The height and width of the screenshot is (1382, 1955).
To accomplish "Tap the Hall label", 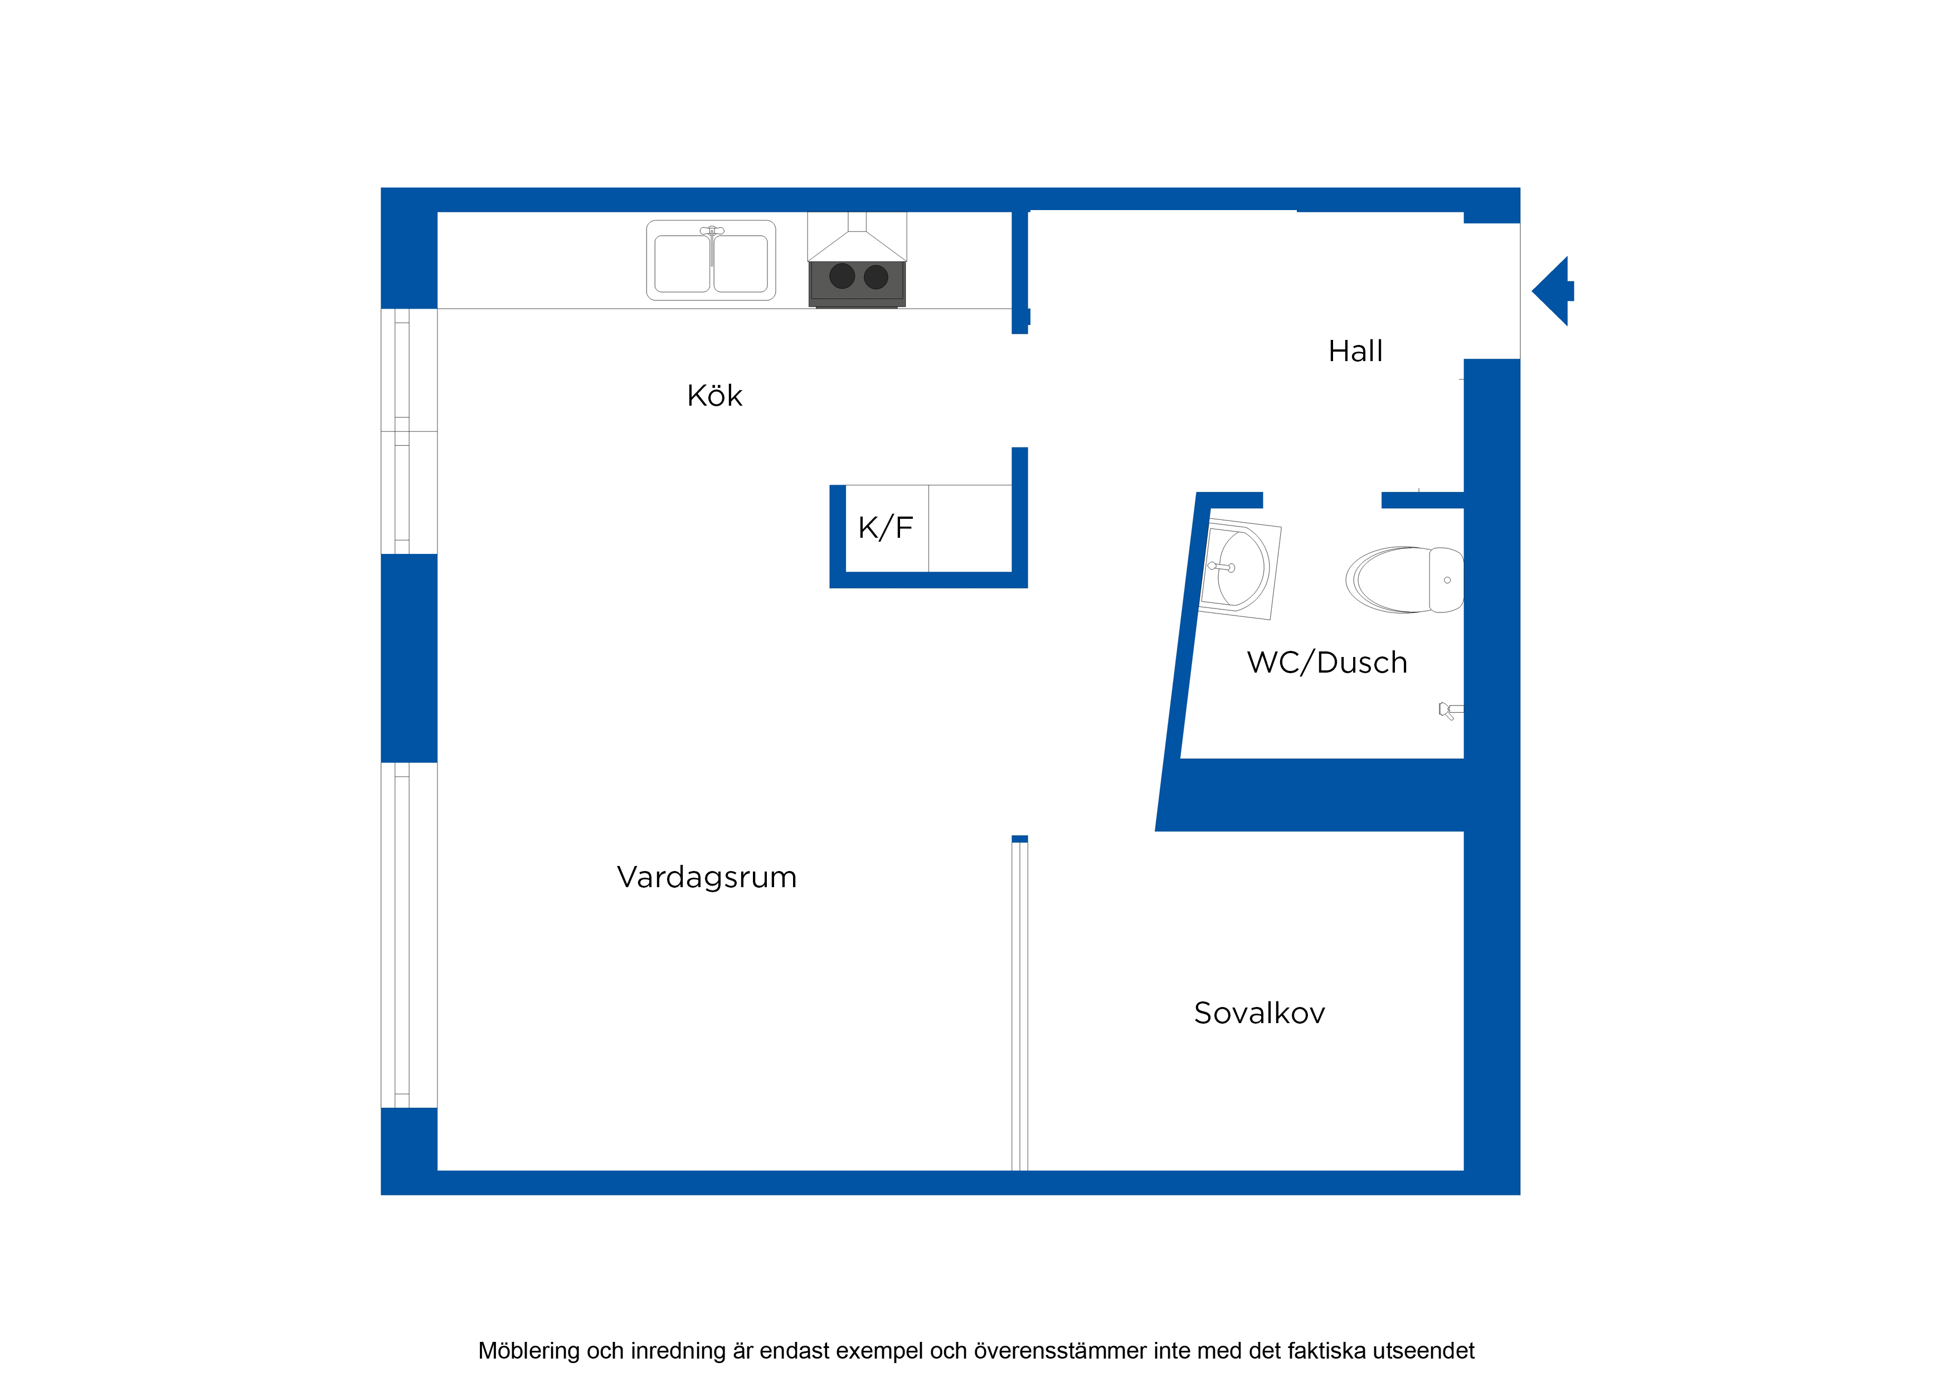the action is point(1355,351).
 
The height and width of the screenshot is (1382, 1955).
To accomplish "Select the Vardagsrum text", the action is point(707,877).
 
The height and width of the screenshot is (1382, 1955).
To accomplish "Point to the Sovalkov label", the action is point(1259,1013).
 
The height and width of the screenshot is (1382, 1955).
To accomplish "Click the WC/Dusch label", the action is point(1326,663).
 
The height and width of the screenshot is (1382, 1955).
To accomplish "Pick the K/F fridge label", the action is point(886,528).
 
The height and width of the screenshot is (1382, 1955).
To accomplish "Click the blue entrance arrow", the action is point(1552,291).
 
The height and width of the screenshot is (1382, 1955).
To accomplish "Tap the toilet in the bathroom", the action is point(1404,580).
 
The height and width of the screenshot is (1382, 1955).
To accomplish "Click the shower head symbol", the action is point(1451,710).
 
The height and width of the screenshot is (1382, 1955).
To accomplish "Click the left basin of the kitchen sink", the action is point(682,264).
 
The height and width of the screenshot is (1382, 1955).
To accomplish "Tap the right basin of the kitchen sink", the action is point(741,264).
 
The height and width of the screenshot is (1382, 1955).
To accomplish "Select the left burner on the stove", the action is point(842,276).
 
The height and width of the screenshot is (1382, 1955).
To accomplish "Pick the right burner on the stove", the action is point(876,277).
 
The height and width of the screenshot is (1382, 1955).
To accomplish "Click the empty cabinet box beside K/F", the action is point(970,528).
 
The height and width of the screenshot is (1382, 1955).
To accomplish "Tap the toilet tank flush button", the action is point(1447,580).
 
